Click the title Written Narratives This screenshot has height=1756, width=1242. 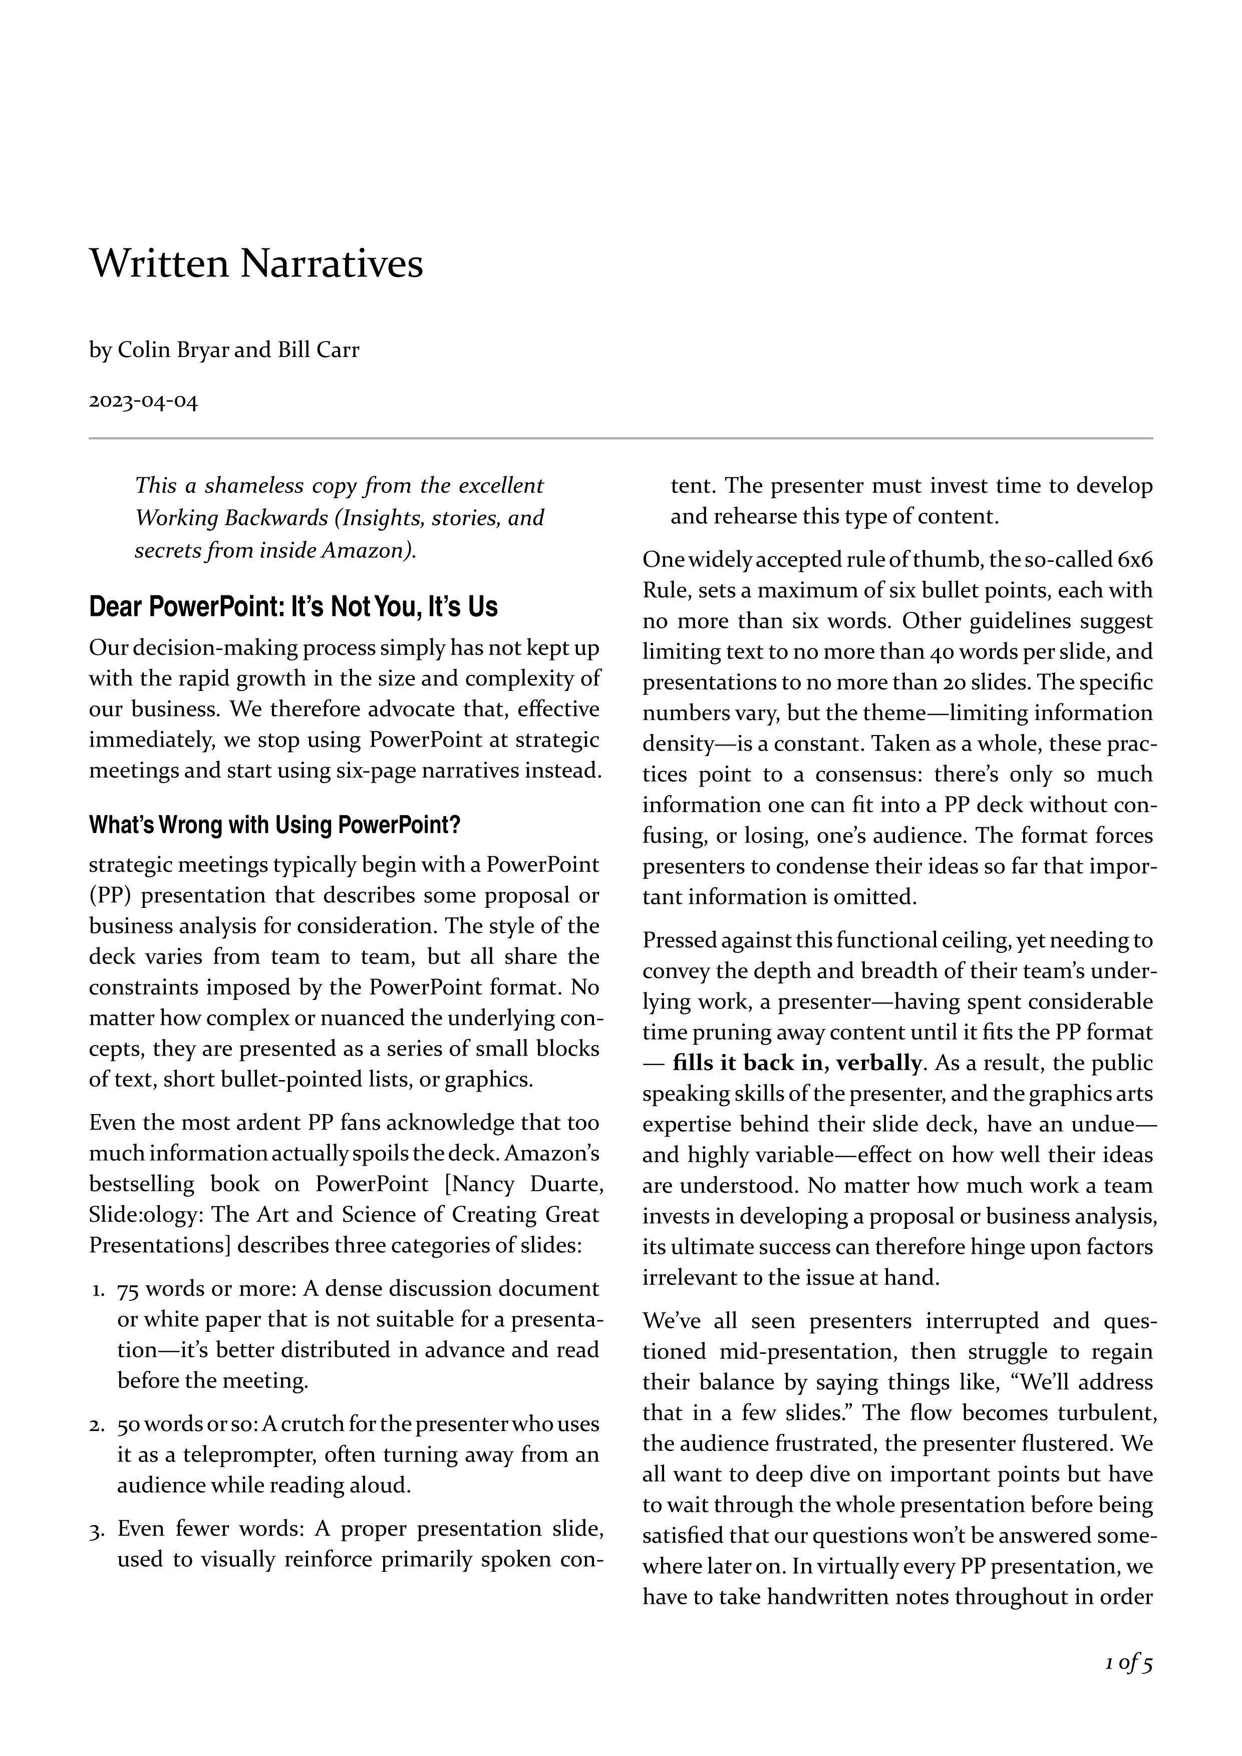[x=256, y=264]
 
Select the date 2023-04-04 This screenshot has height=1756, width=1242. [x=143, y=402]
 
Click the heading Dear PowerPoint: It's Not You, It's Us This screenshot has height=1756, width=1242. [x=293, y=606]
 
